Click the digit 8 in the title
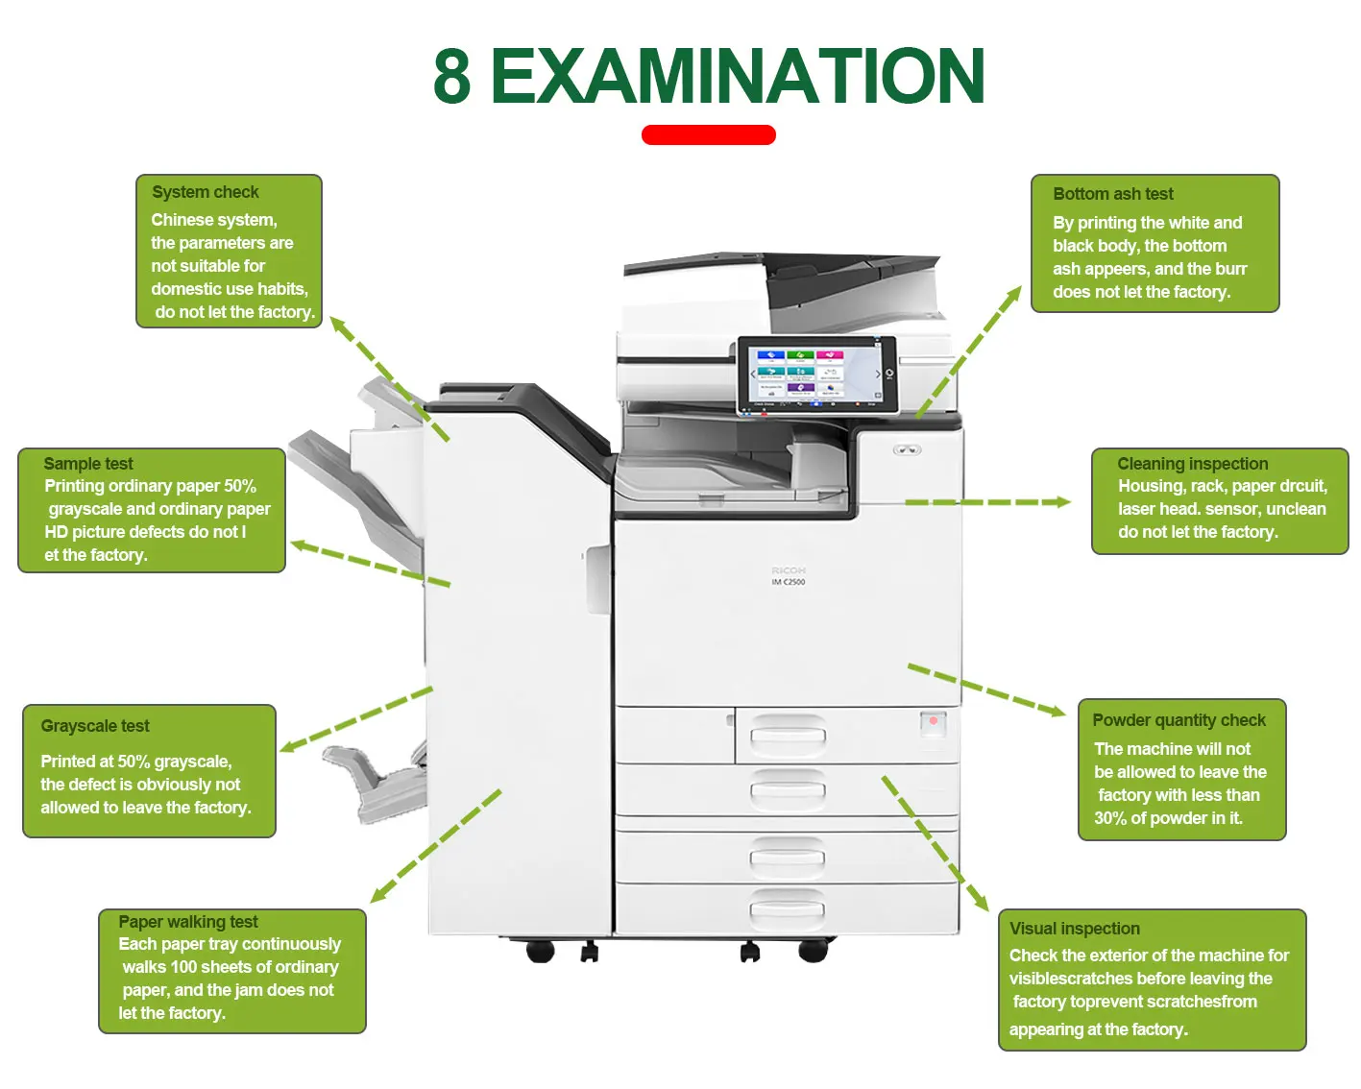pyautogui.click(x=452, y=77)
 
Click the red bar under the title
pyautogui.click(x=708, y=135)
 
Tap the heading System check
pyautogui.click(x=205, y=192)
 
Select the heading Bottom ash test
pyautogui.click(x=1112, y=194)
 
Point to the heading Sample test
pyautogui.click(x=88, y=464)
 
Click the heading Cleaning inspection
pyautogui.click(x=1192, y=464)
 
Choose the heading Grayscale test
pyautogui.click(x=95, y=726)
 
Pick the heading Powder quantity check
pyautogui.click(x=1179, y=720)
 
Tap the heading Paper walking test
pyautogui.click(x=188, y=922)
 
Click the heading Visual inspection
pyautogui.click(x=1074, y=929)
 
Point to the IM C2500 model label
pyautogui.click(x=789, y=582)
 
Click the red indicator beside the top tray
pyautogui.click(x=933, y=721)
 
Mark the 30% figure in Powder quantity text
pyautogui.click(x=1110, y=818)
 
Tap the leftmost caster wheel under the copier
pyautogui.click(x=541, y=951)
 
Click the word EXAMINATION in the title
pyautogui.click(x=737, y=77)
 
